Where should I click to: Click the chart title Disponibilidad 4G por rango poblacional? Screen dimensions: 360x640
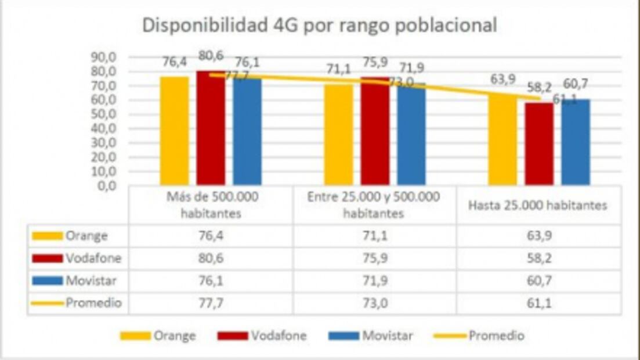(x=320, y=26)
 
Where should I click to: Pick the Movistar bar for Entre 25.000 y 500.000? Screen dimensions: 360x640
(x=411, y=135)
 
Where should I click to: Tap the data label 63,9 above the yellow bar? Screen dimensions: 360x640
(x=502, y=80)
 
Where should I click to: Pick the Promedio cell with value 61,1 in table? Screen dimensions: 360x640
(x=538, y=303)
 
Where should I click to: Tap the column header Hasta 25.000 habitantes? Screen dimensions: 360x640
(x=538, y=205)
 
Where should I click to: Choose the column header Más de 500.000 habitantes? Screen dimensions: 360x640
(x=211, y=205)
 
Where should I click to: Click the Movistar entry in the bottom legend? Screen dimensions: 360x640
(x=386, y=336)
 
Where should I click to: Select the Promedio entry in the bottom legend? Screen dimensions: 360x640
(x=496, y=336)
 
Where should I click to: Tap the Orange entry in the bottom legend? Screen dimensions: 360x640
(x=174, y=336)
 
